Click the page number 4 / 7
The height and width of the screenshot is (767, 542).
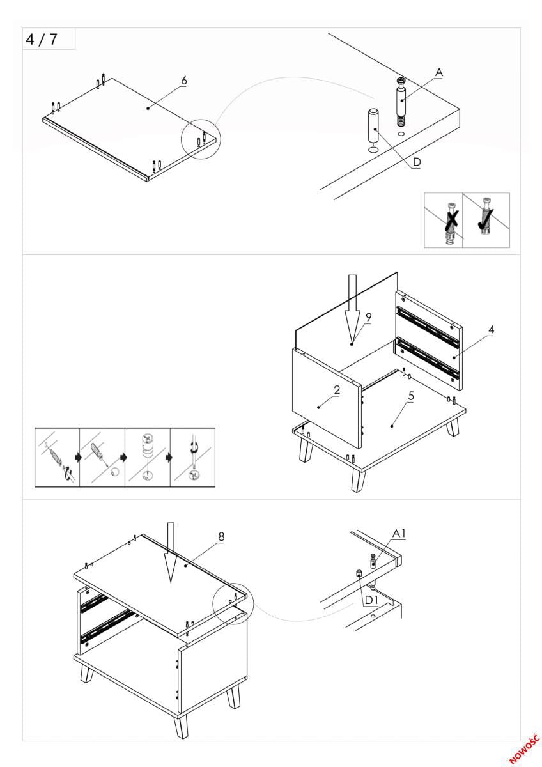(x=42, y=39)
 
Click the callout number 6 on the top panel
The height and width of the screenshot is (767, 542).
(x=184, y=81)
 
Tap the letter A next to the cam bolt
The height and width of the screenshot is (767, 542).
(x=439, y=74)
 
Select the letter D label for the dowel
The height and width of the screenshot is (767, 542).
(x=416, y=162)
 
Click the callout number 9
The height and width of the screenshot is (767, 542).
(x=368, y=317)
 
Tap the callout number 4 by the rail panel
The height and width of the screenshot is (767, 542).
(x=491, y=330)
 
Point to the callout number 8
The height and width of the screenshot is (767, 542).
(x=221, y=537)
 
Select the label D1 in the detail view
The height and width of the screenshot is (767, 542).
(x=372, y=600)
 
